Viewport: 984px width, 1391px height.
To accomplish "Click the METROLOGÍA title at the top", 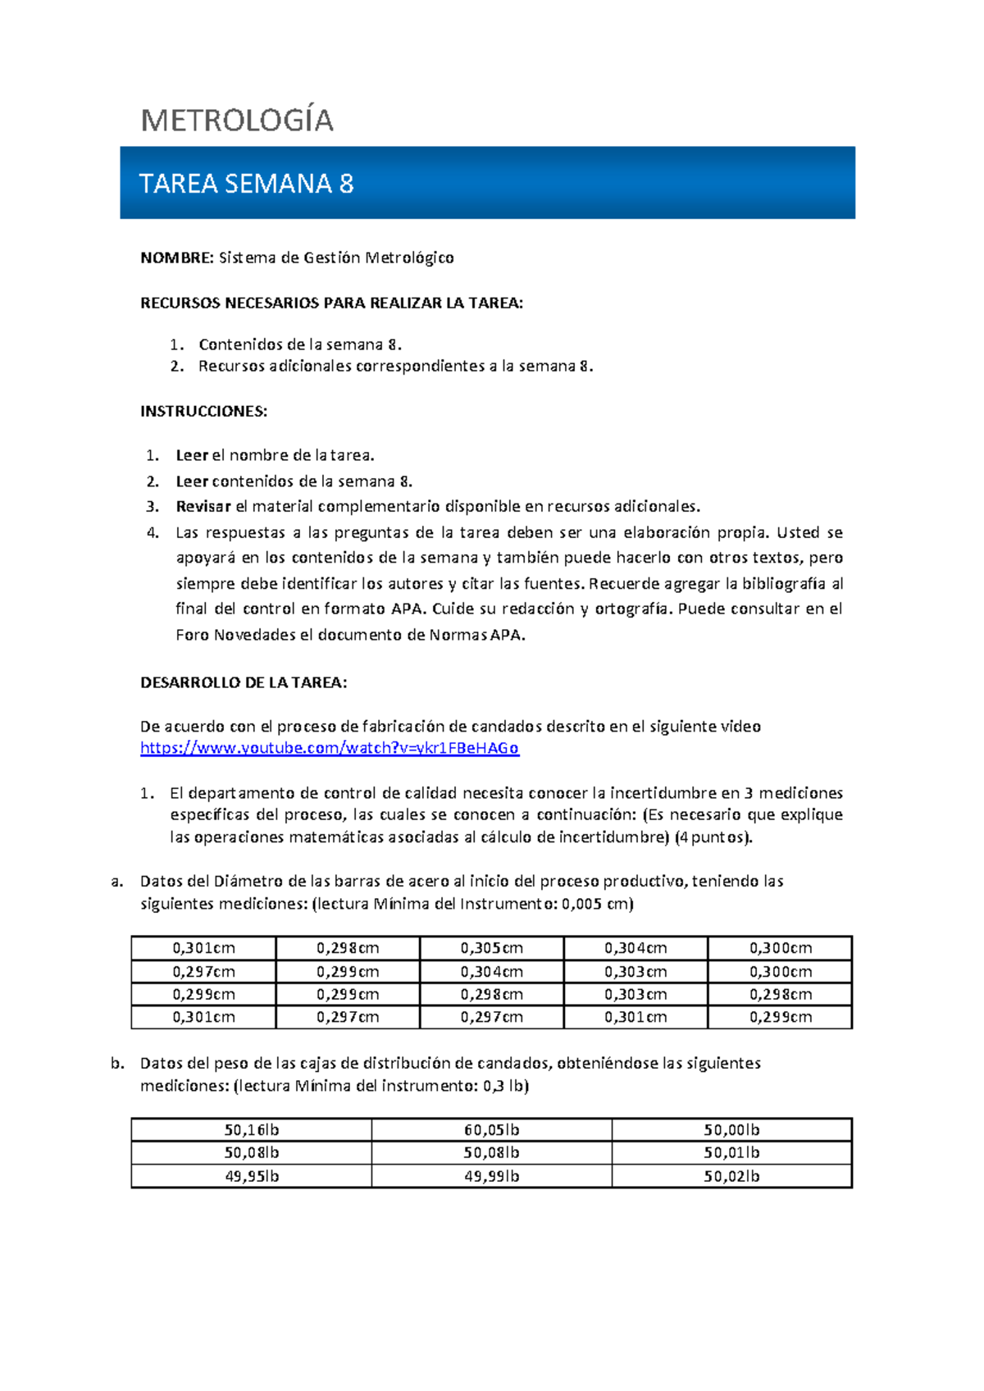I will [237, 121].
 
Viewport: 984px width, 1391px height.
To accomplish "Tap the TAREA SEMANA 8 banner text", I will [246, 184].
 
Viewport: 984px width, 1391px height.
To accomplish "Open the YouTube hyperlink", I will [330, 748].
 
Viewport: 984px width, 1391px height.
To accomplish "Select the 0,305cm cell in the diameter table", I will [491, 948].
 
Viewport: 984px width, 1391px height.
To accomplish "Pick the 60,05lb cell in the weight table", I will [491, 1130].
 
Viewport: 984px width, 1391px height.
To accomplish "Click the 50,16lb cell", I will [252, 1130].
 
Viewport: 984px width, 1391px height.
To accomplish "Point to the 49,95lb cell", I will [252, 1176].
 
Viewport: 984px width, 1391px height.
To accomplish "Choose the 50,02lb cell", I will [731, 1176].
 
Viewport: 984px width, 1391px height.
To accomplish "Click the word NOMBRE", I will [176, 258].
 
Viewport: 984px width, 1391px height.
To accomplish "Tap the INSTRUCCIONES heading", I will [204, 412].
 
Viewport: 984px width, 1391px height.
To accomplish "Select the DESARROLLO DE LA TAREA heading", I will [244, 682].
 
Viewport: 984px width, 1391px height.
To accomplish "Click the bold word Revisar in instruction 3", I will [203, 507].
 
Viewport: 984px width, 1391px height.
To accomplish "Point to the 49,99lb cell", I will [491, 1176].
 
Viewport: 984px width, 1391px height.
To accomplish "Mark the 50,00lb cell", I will [731, 1130].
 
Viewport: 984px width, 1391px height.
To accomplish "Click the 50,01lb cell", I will [731, 1153].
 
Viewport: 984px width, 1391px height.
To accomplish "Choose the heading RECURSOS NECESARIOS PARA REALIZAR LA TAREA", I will [331, 303].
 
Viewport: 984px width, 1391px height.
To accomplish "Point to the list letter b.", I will [117, 1064].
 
